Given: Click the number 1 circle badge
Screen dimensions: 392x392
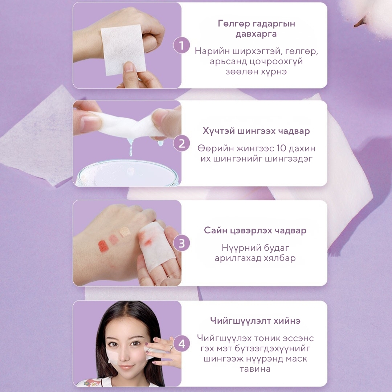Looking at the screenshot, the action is tap(181, 45).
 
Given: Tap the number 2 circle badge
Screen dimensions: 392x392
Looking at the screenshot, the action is tap(181, 143).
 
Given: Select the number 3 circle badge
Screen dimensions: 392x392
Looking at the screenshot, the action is tap(181, 243).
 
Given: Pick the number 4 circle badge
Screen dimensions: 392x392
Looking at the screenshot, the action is tap(181, 343).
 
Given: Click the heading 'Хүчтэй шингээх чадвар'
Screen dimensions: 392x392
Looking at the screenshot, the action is tap(256, 131).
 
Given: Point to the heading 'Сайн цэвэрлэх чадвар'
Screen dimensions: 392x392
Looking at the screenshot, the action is tap(255, 230).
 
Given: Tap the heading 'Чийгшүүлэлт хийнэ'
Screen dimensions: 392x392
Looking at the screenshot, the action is tap(255, 320).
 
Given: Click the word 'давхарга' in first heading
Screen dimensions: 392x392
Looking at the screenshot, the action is tap(256, 34).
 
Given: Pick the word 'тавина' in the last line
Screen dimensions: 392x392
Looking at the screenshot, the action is tap(255, 369).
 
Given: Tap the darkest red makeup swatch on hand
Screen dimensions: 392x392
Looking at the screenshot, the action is tap(103, 246).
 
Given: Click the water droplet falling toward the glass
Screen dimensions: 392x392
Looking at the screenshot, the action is tap(131, 149).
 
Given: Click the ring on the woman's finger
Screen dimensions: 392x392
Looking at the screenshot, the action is tap(171, 347).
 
